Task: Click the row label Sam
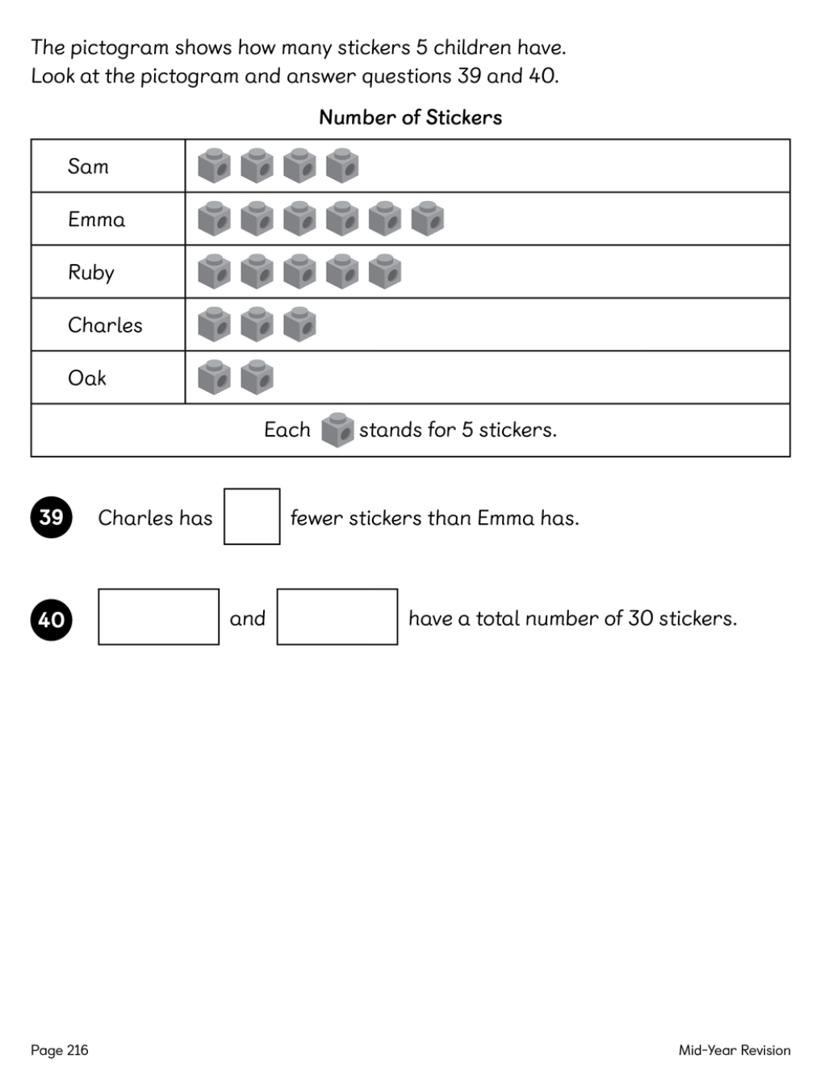coord(88,166)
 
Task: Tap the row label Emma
coord(97,220)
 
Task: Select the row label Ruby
coord(91,273)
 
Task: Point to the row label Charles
coord(105,325)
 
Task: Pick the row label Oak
coord(87,378)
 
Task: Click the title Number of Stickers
coord(410,118)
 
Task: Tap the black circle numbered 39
coord(51,517)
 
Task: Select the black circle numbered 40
coord(51,619)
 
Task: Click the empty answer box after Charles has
coord(252,517)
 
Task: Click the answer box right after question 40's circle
coord(158,617)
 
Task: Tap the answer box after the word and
coord(337,617)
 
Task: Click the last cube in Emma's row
coord(427,219)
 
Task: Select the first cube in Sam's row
coord(214,165)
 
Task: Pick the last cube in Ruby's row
coord(384,272)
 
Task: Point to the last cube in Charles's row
coord(299,325)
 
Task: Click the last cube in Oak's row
coord(257,377)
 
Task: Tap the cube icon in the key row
coord(337,430)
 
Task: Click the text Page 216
coord(60,1050)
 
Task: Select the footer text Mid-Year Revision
coord(734,1050)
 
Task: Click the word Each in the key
coord(287,429)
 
